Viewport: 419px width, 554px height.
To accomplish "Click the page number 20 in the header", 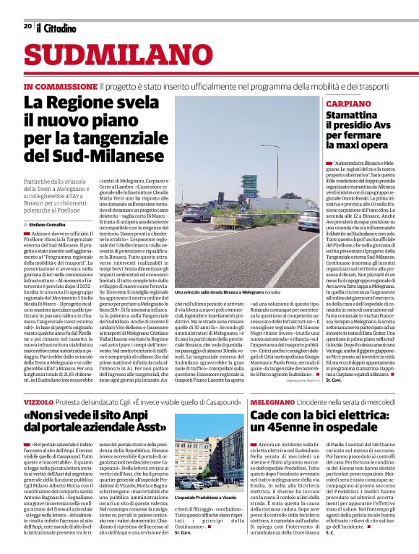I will [x=27, y=26].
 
